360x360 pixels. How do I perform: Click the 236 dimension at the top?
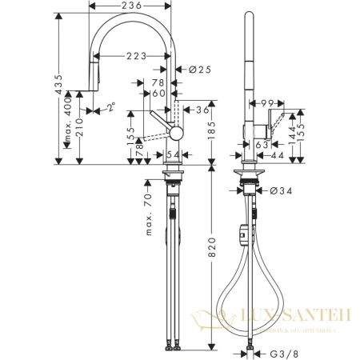pos(132,7)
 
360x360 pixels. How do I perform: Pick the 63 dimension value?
pos(262,145)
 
